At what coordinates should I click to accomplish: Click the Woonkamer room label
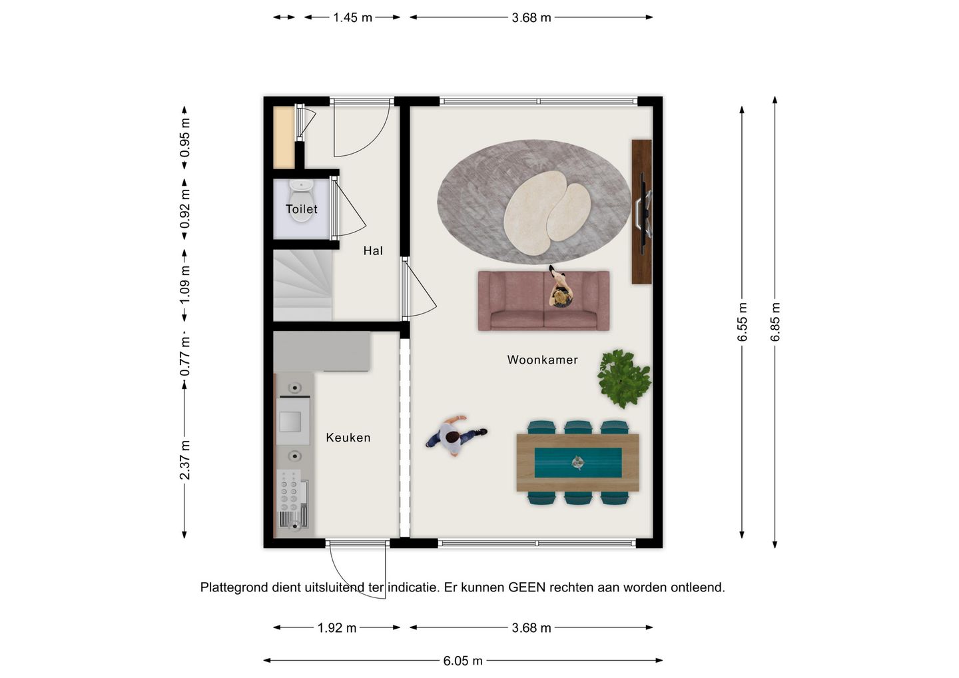(542, 360)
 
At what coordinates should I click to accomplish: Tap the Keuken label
(348, 438)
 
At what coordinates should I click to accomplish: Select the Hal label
(373, 251)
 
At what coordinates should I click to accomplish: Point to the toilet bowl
(302, 200)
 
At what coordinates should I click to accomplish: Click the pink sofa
(543, 300)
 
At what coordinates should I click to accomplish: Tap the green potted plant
(624, 378)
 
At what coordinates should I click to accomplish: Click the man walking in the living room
(456, 436)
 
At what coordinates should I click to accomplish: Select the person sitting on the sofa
(560, 288)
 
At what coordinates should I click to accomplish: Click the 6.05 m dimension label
(463, 661)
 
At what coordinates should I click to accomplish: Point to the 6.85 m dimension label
(775, 322)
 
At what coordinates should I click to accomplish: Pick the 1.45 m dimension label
(352, 17)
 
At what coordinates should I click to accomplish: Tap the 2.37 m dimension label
(184, 460)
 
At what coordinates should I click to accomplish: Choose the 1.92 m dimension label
(336, 628)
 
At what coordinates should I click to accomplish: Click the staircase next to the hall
(302, 285)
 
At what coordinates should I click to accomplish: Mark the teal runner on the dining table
(578, 463)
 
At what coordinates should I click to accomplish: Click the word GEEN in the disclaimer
(527, 587)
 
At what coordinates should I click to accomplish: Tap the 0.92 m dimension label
(184, 209)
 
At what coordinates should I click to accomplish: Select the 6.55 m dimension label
(742, 322)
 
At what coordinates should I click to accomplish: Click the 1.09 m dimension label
(184, 285)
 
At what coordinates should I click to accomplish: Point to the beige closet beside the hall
(284, 137)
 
